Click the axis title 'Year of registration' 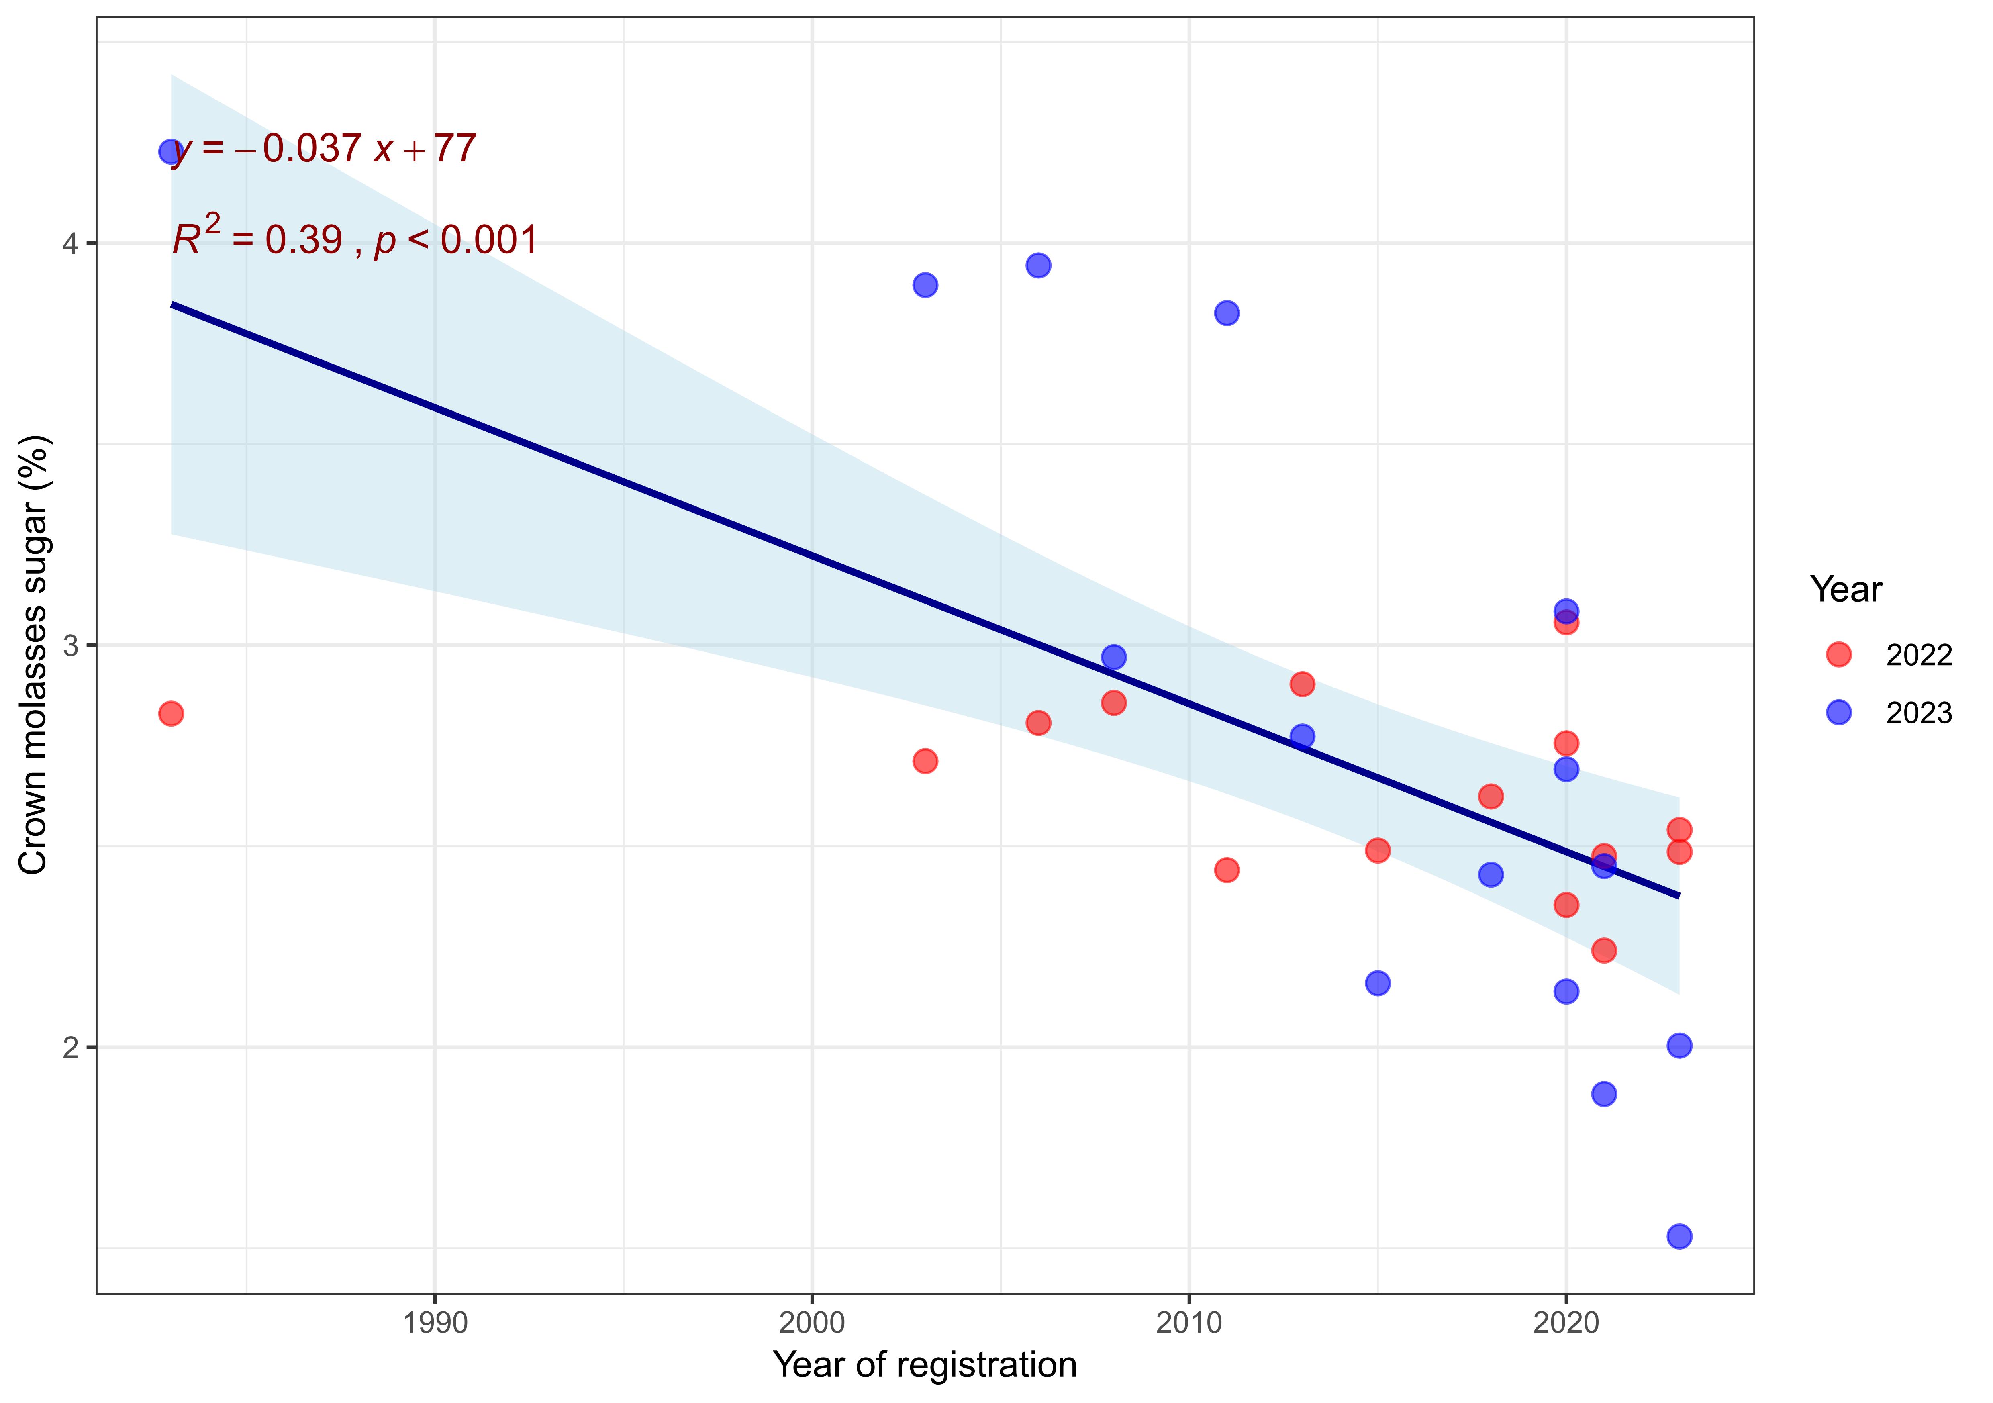point(925,1366)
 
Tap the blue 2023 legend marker point(1838,713)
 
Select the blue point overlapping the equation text point(171,152)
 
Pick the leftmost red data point point(171,714)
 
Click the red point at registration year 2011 point(1227,870)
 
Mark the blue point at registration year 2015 point(1378,983)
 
